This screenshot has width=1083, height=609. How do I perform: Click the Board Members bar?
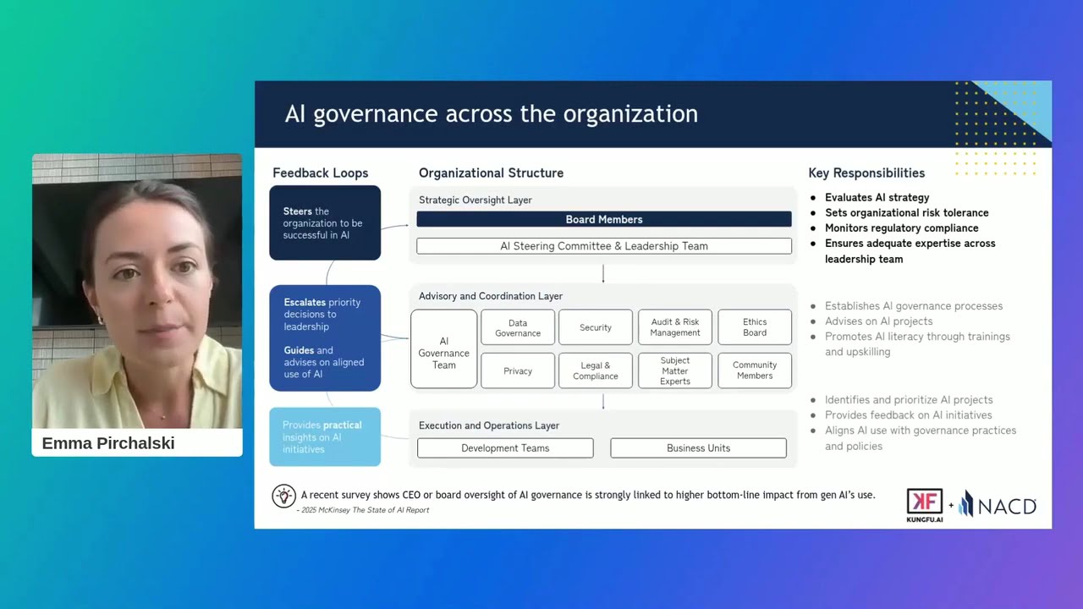[603, 219]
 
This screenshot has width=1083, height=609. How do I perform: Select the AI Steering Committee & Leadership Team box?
[603, 246]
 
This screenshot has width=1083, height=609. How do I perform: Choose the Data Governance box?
[518, 328]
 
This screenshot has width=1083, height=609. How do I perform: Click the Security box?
[596, 328]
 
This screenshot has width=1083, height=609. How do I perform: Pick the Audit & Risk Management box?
[675, 328]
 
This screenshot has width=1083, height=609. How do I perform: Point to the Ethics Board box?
[755, 328]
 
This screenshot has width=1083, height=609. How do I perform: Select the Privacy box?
[518, 371]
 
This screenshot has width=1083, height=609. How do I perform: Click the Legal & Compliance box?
[596, 371]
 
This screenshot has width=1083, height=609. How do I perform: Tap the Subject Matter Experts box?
[675, 371]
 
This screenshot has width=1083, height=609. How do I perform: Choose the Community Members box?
[755, 371]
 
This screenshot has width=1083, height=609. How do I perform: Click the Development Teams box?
[505, 448]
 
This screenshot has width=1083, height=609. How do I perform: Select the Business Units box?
[698, 448]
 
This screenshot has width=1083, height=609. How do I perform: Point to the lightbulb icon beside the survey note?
[283, 497]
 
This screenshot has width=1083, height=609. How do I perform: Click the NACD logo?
[998, 505]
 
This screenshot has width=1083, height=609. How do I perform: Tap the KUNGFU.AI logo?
[925, 505]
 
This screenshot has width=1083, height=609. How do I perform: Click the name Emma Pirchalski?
[108, 443]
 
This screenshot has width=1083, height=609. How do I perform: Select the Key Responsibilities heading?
[866, 173]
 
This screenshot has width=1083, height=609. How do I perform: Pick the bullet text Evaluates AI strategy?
[877, 198]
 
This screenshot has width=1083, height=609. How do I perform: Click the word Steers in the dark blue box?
[298, 211]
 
